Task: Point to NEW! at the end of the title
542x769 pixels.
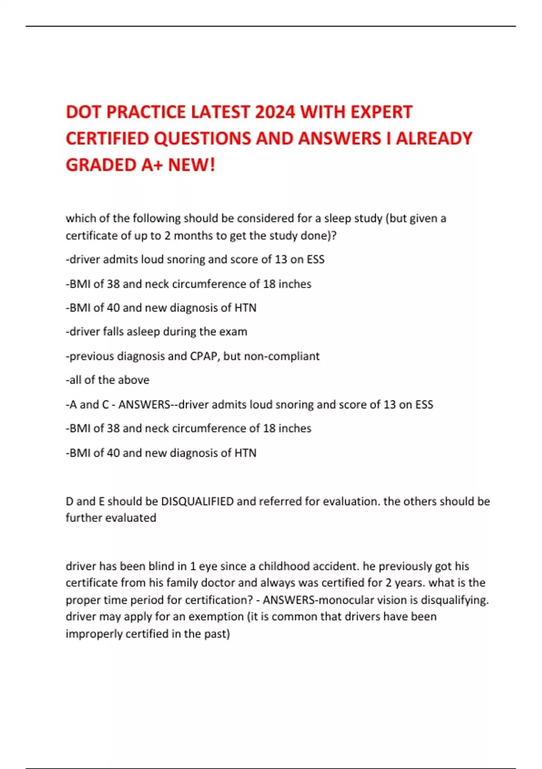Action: [192, 165]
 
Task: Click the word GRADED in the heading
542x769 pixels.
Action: [101, 165]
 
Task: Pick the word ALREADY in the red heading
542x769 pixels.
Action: [434, 138]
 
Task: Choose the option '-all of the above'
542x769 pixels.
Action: [107, 380]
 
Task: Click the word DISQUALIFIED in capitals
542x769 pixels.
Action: [197, 501]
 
